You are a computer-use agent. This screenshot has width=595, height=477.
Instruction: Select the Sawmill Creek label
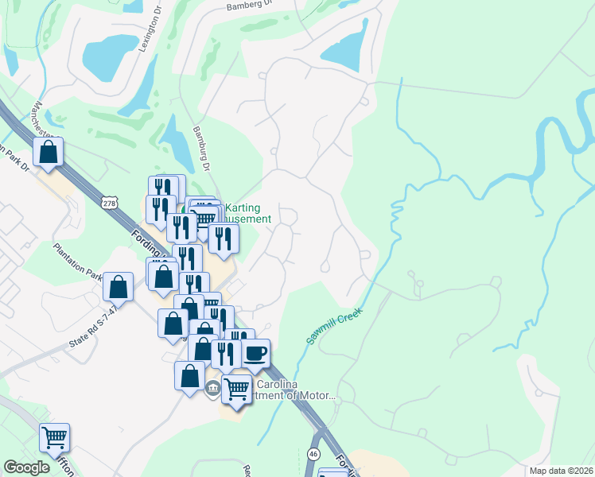pyautogui.click(x=334, y=326)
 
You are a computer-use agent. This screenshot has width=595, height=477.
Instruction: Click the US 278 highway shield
pyautogui.click(x=110, y=204)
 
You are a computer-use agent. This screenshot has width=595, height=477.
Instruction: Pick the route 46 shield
pyautogui.click(x=315, y=453)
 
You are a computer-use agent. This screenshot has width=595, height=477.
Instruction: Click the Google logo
pyautogui.click(x=27, y=467)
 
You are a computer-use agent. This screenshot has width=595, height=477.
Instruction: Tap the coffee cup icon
pyautogui.click(x=255, y=352)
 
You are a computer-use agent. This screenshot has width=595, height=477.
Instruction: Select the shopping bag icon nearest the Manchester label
pyautogui.click(x=48, y=151)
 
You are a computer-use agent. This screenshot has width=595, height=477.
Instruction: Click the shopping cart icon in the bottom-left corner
pyautogui.click(x=54, y=436)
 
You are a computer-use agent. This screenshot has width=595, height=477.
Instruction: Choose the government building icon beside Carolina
pyautogui.click(x=212, y=388)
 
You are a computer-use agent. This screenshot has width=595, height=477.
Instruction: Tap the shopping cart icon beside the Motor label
pyautogui.click(x=236, y=389)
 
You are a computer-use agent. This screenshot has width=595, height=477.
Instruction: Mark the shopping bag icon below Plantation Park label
pyautogui.click(x=118, y=286)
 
